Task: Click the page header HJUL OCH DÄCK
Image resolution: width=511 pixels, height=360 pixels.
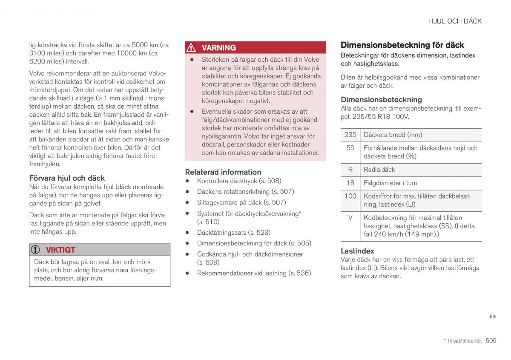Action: pos(455,21)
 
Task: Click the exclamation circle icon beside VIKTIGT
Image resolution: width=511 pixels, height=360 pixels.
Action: pos(37,250)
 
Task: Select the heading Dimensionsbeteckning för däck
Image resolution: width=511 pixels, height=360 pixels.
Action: pos(402,45)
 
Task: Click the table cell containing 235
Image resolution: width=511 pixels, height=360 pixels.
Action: pos(350,135)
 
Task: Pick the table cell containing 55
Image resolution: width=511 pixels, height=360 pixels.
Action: pos(350,148)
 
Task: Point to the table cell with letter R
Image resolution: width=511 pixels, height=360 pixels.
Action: pos(350,170)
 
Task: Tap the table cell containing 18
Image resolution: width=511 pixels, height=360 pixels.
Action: pos(350,183)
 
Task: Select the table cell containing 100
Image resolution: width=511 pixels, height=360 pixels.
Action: pos(350,196)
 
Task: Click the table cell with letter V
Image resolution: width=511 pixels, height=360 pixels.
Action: pos(350,218)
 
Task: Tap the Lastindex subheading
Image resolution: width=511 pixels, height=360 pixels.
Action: pos(357,251)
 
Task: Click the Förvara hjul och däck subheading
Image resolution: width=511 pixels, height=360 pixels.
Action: pos(67,178)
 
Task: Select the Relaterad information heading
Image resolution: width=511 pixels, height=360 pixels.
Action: pos(223,172)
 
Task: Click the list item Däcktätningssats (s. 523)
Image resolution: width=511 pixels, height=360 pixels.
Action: pos(233,233)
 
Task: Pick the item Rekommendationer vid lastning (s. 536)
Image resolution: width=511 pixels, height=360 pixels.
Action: pos(254,273)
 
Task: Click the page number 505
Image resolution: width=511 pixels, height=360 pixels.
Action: pos(491,341)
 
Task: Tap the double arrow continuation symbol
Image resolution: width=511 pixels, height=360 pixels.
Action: pos(493,317)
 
